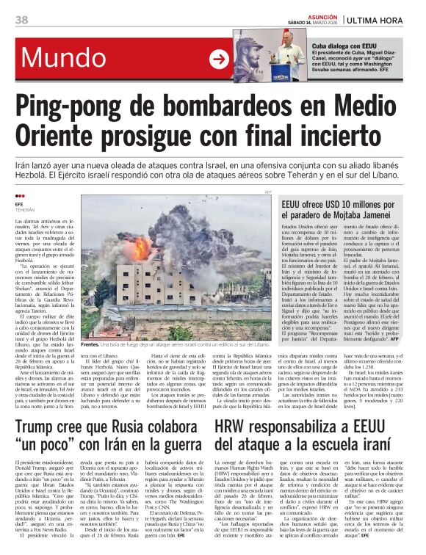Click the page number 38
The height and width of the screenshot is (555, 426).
[x=21, y=19]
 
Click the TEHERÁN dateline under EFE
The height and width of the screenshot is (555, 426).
[x=25, y=209]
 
